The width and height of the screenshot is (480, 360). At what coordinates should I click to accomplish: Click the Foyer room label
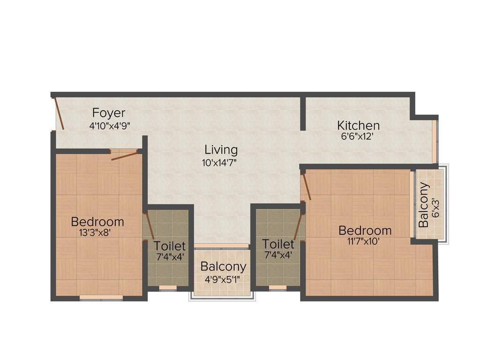point(109,113)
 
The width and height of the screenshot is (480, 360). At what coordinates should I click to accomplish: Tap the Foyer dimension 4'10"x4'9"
point(109,126)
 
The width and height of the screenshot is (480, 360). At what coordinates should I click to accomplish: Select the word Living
point(221,150)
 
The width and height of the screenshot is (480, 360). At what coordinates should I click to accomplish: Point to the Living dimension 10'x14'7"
point(221,163)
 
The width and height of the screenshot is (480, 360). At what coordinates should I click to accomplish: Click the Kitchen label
point(358,126)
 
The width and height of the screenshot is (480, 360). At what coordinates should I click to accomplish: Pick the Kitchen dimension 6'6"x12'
point(358,138)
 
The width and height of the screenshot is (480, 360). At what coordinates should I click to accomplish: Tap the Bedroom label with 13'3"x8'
point(97,221)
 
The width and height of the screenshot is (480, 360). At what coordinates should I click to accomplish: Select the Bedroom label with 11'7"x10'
point(365,231)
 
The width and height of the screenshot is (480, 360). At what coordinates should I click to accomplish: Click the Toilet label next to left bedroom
point(170,246)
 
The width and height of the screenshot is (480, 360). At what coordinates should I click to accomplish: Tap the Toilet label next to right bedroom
point(278,244)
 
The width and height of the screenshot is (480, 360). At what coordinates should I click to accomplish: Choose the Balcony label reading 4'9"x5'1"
point(223,267)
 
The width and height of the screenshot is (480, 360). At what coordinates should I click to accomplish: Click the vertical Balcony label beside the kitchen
point(424,205)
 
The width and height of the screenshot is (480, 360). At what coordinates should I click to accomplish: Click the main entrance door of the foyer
point(59,113)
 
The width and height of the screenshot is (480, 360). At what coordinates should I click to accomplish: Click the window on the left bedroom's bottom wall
point(101,297)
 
